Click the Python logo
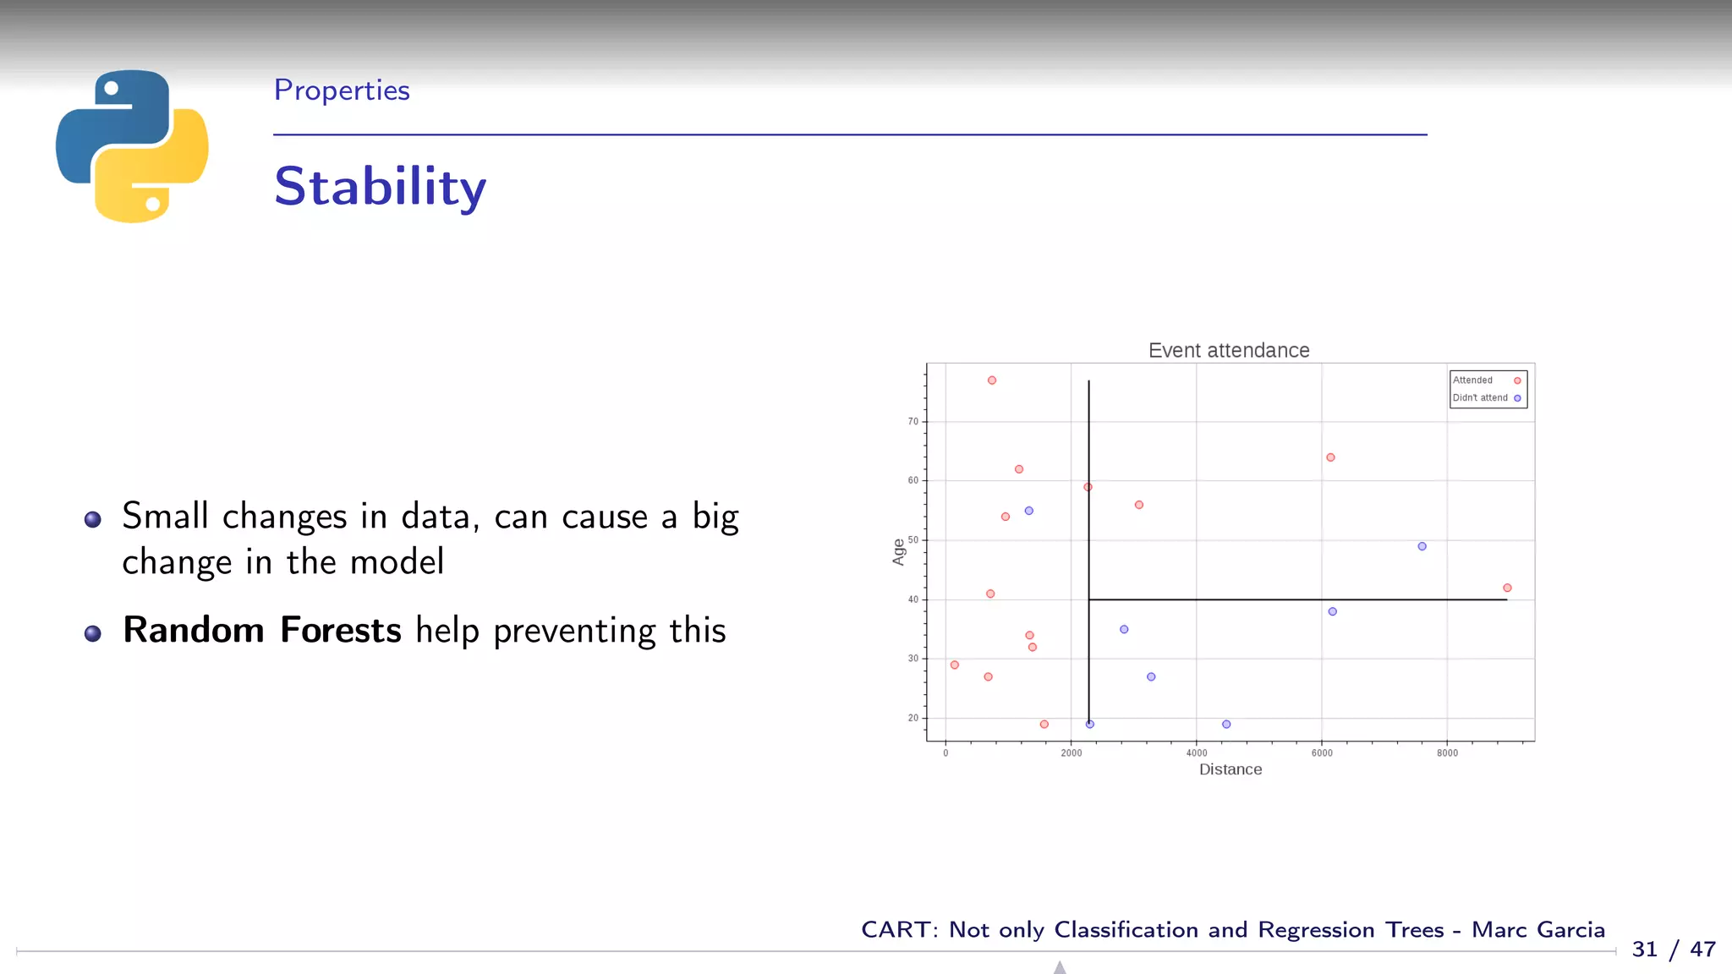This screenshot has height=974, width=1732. click(x=132, y=145)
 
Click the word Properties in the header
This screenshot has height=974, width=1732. click(x=342, y=90)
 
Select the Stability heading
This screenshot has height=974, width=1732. click(x=380, y=187)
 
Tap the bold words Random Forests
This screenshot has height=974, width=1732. click(x=261, y=631)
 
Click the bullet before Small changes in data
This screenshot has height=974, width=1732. click(x=93, y=520)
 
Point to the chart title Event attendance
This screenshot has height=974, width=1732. click(x=1228, y=350)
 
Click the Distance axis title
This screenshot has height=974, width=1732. click(x=1230, y=769)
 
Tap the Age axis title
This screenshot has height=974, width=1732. click(x=898, y=552)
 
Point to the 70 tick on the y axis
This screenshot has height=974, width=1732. click(x=913, y=421)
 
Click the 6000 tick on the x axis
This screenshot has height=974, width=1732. click(x=1321, y=753)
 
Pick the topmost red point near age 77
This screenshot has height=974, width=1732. click(x=992, y=380)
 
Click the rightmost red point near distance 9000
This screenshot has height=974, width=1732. click(x=1507, y=588)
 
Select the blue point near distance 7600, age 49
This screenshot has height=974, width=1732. click(x=1422, y=546)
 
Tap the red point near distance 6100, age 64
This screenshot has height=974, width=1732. click(x=1330, y=457)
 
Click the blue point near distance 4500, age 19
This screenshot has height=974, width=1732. click(x=1226, y=725)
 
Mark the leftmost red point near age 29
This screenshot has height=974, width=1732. click(x=955, y=665)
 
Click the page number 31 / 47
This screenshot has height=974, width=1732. click(x=1673, y=949)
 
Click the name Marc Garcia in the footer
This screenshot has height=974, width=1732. click(x=1537, y=930)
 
